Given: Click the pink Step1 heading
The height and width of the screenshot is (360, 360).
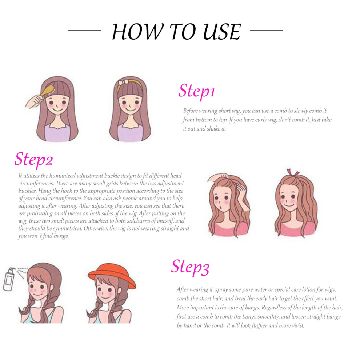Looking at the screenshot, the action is pos(196,91).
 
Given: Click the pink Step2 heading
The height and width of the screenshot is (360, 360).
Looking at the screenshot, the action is pos(34,160).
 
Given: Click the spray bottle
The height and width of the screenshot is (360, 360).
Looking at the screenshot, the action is pos(9,279).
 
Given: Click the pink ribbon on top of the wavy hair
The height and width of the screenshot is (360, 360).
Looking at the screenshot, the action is pos(293,172).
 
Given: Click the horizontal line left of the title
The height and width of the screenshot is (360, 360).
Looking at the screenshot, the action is pos(85,30).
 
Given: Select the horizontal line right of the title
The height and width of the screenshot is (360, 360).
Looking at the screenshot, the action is pos(266,30).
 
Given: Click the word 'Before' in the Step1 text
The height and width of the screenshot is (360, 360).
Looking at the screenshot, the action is pos(190,111).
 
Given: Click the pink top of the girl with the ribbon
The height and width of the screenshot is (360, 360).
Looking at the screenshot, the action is pos(296,229).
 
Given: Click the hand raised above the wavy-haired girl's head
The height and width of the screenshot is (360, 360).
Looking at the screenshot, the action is pos(218,177).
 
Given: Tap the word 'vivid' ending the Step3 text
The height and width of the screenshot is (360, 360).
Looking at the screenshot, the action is pos(297,325).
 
